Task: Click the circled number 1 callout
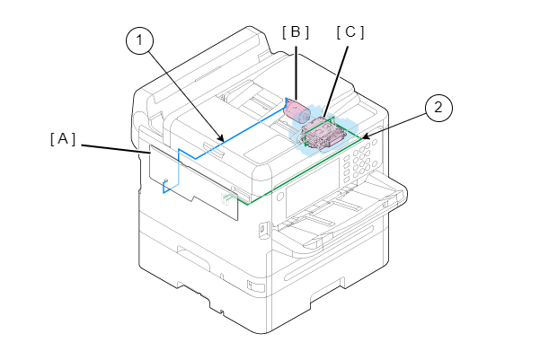(x=140, y=40)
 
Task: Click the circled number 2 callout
(x=438, y=108)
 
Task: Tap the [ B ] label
(x=295, y=31)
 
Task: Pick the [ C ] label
(x=350, y=31)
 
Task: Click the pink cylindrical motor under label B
(x=297, y=110)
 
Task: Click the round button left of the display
(x=279, y=197)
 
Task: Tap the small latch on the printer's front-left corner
(x=263, y=230)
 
